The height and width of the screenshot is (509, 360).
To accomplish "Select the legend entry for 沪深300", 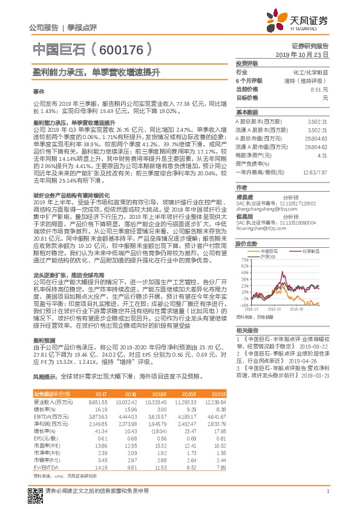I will tap(269, 257).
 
